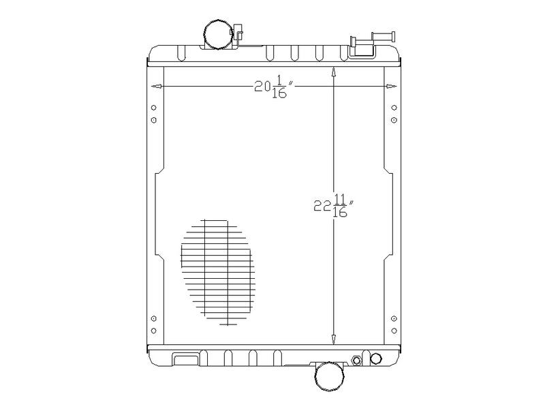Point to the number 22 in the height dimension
coord(322,206)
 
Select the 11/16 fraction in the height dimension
coord(340,206)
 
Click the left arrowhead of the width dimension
coord(156,87)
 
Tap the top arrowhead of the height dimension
coord(333,72)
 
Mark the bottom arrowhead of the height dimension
coord(333,339)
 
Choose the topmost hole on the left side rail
coord(153,108)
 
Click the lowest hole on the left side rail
coord(153,331)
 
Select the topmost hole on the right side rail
coord(394,108)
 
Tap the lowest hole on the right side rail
coord(394,331)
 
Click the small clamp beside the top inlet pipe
coord(238,32)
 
